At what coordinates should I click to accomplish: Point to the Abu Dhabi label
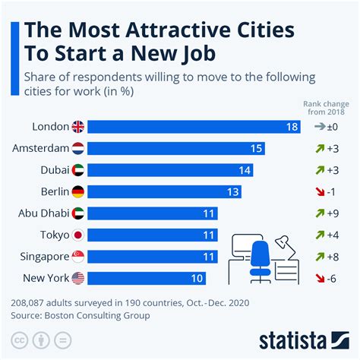point(41,213)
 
